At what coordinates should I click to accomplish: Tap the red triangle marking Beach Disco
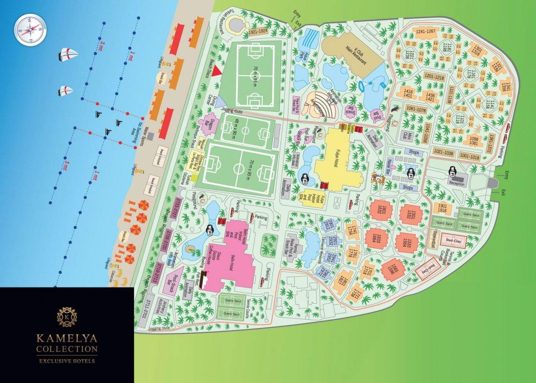tap(216, 70)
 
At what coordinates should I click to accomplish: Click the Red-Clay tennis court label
tap(452, 240)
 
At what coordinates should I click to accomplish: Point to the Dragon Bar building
tap(213, 126)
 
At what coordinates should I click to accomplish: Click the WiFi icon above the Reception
tap(451, 169)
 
